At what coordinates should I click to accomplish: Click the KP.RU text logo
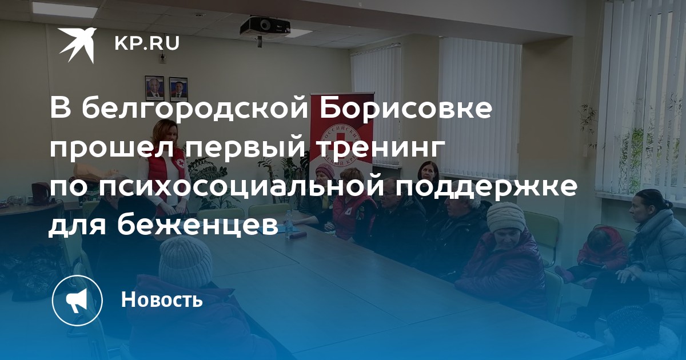tap(147, 43)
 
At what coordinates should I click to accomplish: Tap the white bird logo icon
tap(78, 45)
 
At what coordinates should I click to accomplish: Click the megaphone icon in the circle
tap(77, 301)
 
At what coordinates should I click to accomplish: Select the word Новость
tap(162, 299)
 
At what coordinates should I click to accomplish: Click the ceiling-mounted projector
tap(265, 26)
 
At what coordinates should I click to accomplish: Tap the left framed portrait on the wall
tap(154, 88)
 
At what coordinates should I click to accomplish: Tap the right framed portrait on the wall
tap(178, 89)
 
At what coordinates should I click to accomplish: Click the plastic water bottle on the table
tap(288, 224)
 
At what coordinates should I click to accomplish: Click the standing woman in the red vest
tap(166, 171)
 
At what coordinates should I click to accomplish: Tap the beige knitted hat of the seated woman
tap(505, 217)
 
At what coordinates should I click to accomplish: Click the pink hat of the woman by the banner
tap(325, 170)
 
